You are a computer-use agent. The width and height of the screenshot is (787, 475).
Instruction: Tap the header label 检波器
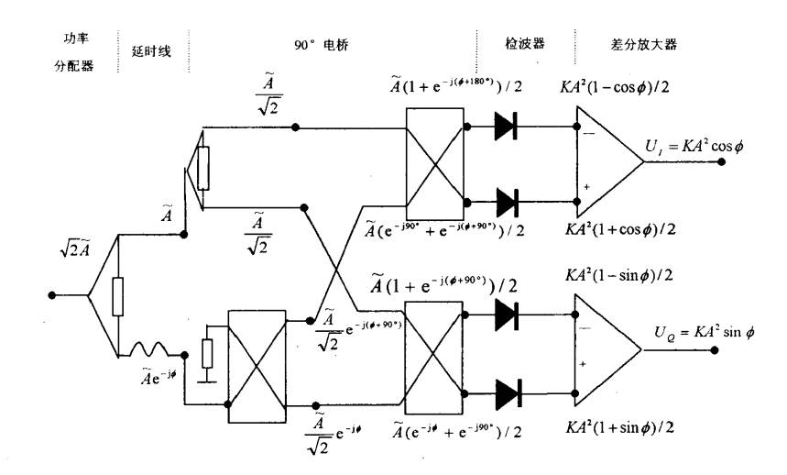pyautogui.click(x=522, y=44)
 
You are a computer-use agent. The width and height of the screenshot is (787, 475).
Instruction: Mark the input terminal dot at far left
pyautogui.click(x=53, y=295)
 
